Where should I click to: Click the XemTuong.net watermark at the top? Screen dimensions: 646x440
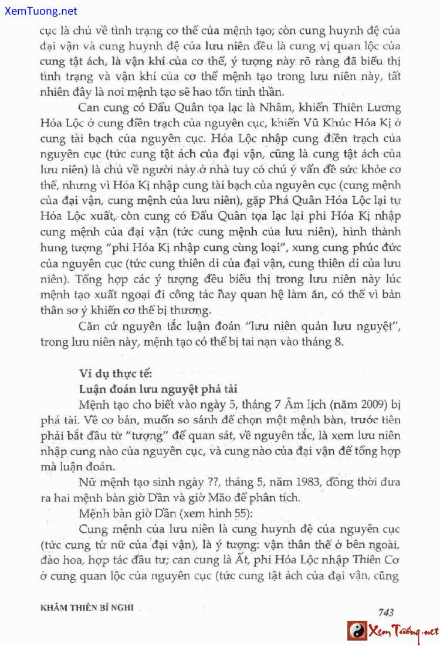point(39,11)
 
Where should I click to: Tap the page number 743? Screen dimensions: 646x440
point(386,612)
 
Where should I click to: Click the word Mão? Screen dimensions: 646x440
point(223,498)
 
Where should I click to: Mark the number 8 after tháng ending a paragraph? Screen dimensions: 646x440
point(339,342)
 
